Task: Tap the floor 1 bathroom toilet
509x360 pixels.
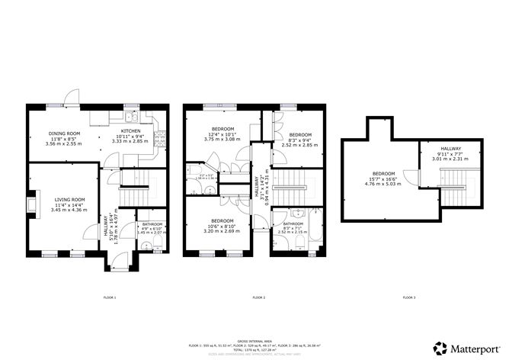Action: pyautogui.click(x=155, y=243)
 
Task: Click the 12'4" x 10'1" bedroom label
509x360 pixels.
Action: pyautogui.click(x=222, y=133)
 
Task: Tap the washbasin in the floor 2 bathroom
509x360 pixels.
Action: pyautogui.click(x=281, y=214)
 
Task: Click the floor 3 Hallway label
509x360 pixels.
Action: pyautogui.click(x=447, y=153)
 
